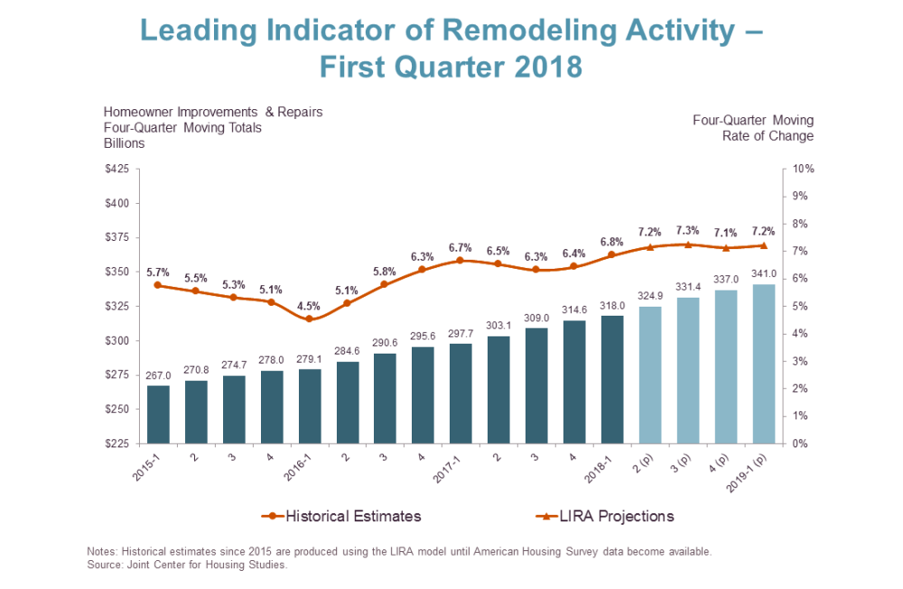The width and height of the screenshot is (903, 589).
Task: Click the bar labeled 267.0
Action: click(158, 414)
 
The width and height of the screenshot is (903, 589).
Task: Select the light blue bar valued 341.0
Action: click(765, 364)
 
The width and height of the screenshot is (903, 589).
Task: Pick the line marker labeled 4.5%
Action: click(309, 318)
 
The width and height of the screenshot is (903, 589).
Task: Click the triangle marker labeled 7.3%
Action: click(688, 244)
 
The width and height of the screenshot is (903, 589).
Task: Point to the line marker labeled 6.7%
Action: click(460, 260)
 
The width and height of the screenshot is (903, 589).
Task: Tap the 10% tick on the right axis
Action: click(804, 169)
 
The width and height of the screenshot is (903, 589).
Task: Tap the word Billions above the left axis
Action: click(125, 143)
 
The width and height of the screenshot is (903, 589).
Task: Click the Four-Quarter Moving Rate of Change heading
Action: click(753, 128)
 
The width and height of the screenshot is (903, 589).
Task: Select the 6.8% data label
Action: click(612, 241)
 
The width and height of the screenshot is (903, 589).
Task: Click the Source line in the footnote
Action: click(187, 566)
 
